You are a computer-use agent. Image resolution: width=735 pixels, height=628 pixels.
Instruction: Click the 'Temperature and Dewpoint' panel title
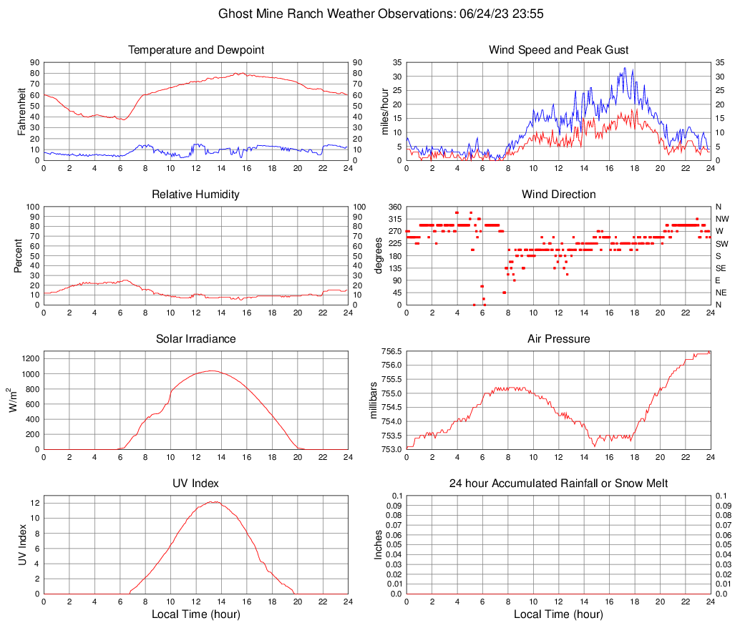pos(195,50)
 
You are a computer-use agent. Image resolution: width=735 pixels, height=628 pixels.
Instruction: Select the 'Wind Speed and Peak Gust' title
pos(558,50)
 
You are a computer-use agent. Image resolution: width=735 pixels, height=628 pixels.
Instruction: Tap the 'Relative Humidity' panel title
pos(195,195)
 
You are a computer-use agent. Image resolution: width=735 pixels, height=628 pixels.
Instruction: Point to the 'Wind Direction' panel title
pos(558,195)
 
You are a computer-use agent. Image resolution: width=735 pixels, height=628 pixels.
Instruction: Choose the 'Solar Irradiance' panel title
pos(195,339)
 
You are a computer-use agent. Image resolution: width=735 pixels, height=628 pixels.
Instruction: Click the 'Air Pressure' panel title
pos(558,339)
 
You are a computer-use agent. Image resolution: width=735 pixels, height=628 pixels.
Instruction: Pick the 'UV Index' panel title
pos(195,484)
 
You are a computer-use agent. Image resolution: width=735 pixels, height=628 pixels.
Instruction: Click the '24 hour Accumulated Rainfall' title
pos(558,484)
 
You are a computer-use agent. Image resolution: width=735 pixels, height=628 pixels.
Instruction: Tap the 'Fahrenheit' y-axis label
pos(22,111)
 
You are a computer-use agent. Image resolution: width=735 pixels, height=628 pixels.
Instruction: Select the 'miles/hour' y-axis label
pos(385,111)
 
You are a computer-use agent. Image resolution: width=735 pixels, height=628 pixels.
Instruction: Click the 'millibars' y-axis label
pos(374,400)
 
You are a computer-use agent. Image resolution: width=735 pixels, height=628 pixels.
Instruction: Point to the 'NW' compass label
pos(722,219)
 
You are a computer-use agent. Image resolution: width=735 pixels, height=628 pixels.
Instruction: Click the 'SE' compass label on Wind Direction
pos(721,268)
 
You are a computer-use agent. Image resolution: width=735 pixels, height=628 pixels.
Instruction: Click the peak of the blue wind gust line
pos(625,68)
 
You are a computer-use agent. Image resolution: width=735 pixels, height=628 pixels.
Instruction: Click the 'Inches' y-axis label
pos(379,544)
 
